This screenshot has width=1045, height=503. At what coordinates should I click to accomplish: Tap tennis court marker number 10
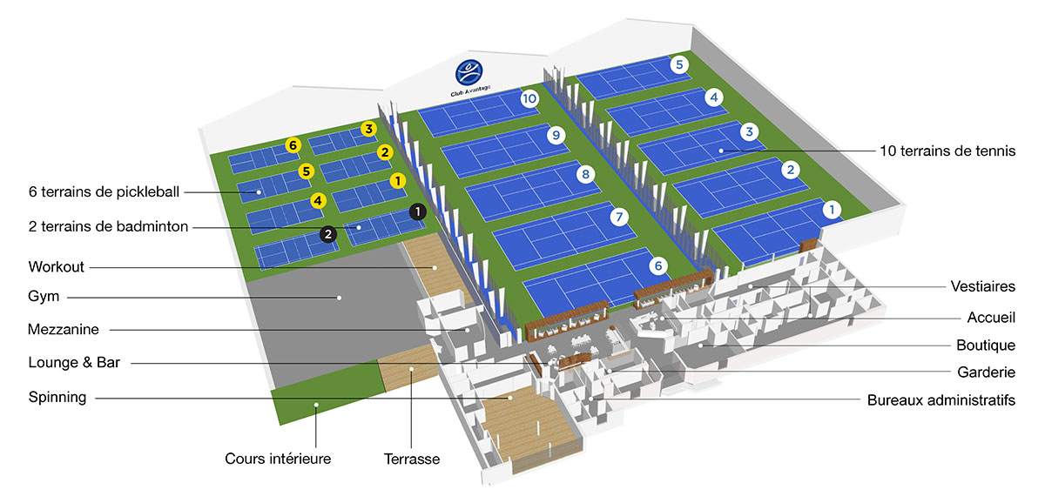[529, 99]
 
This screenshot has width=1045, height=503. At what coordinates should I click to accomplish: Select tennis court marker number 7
[619, 217]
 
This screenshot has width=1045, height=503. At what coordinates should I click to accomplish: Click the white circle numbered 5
[679, 64]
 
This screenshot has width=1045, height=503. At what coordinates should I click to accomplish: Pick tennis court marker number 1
[832, 210]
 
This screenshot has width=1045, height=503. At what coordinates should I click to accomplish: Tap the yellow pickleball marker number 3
[368, 129]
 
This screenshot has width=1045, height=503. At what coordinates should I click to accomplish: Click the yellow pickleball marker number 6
[293, 145]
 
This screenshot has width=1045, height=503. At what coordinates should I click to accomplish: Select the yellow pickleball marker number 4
[318, 201]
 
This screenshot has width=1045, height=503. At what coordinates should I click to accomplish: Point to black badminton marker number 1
[417, 211]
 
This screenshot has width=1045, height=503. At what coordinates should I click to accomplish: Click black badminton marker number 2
[328, 234]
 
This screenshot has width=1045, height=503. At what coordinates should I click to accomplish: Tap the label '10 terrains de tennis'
[947, 151]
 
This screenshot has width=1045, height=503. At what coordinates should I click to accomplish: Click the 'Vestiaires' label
[983, 286]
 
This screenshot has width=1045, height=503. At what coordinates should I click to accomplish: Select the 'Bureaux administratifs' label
[941, 400]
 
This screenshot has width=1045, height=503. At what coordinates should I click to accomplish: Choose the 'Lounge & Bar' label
[74, 362]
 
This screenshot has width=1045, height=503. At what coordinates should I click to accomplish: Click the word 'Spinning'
[57, 397]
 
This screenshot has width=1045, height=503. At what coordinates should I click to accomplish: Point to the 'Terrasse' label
[412, 459]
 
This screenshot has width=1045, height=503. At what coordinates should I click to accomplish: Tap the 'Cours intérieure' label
[278, 459]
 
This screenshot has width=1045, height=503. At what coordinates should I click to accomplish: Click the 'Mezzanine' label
[64, 330]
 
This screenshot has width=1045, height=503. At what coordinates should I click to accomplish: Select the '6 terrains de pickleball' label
[104, 192]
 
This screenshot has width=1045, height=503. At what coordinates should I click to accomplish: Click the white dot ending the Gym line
[340, 298]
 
